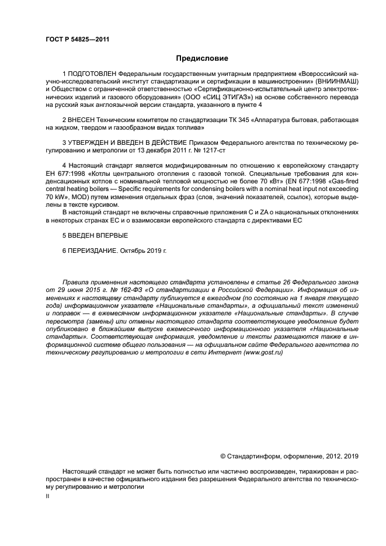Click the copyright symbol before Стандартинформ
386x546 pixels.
point(222,455)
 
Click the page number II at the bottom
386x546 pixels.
point(48,496)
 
